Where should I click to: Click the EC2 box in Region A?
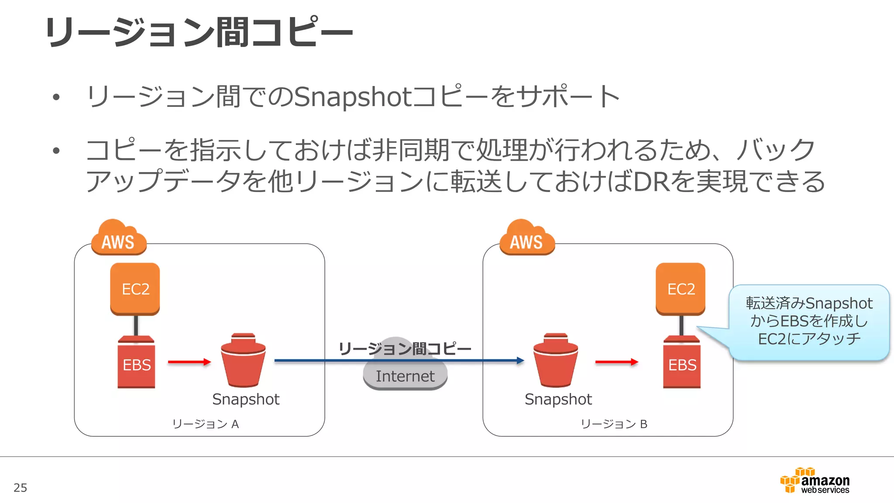click(x=135, y=289)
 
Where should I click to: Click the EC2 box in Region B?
click(x=681, y=289)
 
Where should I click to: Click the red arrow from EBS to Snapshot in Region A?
click(x=189, y=362)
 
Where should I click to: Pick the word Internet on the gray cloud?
click(x=405, y=376)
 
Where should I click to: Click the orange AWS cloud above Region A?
click(x=118, y=238)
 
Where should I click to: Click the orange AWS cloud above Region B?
click(x=527, y=238)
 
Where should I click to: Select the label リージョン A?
click(x=205, y=424)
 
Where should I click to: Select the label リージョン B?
click(x=614, y=424)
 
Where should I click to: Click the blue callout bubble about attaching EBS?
click(x=808, y=321)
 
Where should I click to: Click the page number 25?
click(x=21, y=488)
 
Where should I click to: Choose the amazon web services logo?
click(x=815, y=481)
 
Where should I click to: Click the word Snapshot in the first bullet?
click(x=353, y=97)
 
